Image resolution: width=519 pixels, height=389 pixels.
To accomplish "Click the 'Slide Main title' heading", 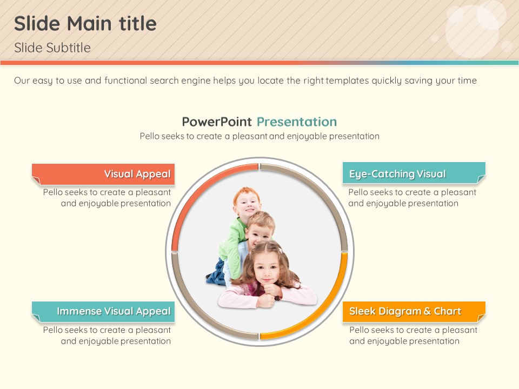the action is pyautogui.click(x=85, y=23).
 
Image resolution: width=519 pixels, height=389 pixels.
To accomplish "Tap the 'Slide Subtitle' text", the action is pyautogui.click(x=52, y=48).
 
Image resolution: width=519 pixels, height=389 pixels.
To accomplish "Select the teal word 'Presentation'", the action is pyautogui.click(x=297, y=122).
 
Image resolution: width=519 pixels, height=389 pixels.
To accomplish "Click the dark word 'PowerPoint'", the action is pyautogui.click(x=217, y=122).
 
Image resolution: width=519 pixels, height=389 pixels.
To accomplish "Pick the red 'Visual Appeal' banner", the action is pyautogui.click(x=103, y=174).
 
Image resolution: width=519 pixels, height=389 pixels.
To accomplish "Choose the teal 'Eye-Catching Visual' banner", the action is pyautogui.click(x=414, y=173).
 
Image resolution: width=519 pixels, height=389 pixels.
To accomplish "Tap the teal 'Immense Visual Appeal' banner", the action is pyautogui.click(x=103, y=312).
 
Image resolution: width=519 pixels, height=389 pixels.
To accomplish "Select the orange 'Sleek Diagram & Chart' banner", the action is pyautogui.click(x=414, y=312).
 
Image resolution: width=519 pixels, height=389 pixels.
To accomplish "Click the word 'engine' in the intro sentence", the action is pyautogui.click(x=195, y=81).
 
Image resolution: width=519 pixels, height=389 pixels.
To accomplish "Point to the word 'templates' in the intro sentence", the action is pyautogui.click(x=347, y=81).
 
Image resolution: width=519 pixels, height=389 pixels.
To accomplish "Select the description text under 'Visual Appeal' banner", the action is pyautogui.click(x=107, y=198).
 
